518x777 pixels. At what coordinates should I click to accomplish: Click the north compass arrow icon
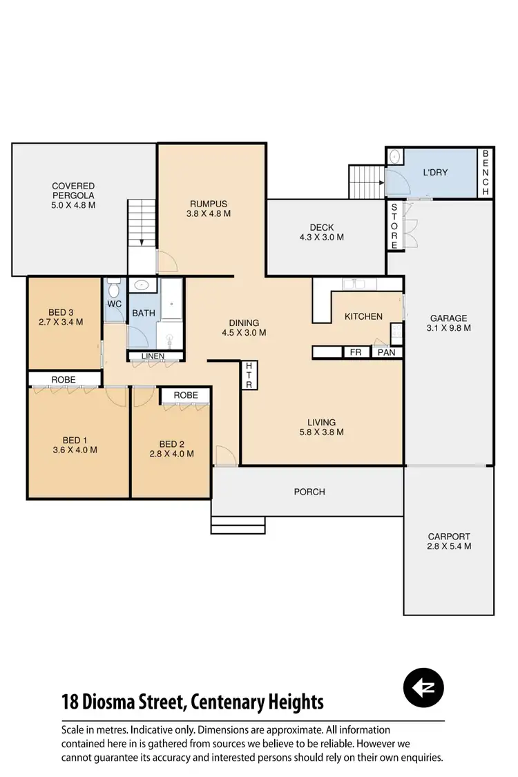[x=423, y=687]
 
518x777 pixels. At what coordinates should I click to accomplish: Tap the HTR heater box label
[x=250, y=375]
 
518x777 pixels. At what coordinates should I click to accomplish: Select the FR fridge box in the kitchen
[x=356, y=352]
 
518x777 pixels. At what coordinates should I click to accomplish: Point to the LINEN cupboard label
[x=153, y=356]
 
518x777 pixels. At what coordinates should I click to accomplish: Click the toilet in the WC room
[x=114, y=284]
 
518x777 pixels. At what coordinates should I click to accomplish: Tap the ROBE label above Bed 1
[x=63, y=379]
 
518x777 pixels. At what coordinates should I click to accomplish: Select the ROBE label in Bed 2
[x=186, y=395]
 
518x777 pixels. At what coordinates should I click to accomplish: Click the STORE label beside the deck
[x=394, y=226]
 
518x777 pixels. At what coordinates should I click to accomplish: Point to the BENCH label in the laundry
[x=486, y=173]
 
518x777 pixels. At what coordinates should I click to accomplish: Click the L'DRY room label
[x=435, y=171]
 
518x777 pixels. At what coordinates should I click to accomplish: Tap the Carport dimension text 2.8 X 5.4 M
[x=449, y=546]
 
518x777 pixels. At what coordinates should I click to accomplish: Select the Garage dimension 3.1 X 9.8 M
[x=449, y=328]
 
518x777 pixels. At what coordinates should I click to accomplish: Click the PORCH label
[x=309, y=492]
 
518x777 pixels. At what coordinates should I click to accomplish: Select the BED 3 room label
[x=61, y=311]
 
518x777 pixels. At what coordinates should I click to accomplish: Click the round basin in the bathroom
[x=143, y=285]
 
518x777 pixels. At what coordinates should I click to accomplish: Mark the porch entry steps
[x=238, y=525]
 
